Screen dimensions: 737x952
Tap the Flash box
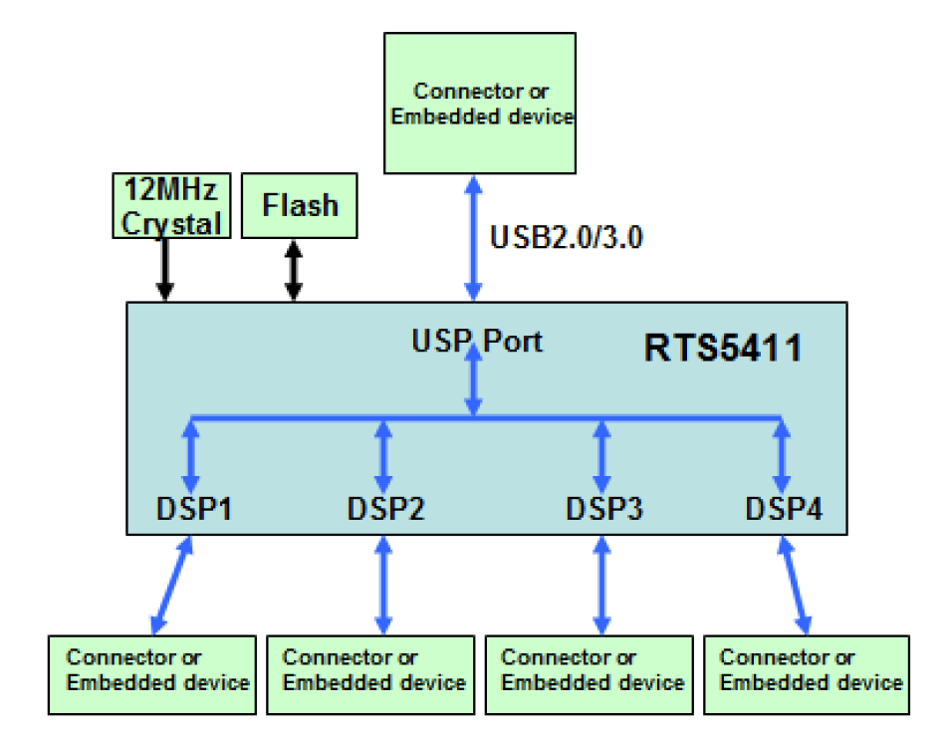tap(300, 206)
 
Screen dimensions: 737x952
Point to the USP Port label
tap(477, 341)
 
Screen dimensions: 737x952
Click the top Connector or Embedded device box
tap(480, 104)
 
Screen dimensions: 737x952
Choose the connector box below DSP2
tap(370, 674)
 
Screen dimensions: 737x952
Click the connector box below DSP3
tap(590, 674)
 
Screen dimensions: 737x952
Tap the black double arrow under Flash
tap(293, 270)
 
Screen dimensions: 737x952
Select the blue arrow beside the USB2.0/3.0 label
tap(475, 238)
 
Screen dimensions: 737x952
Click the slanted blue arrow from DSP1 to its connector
tap(172, 585)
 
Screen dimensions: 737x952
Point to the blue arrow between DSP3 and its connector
tap(600, 585)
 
